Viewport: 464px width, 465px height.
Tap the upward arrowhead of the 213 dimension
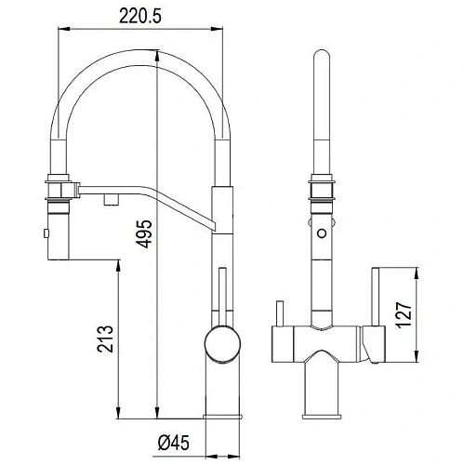pyautogui.click(x=117, y=265)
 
